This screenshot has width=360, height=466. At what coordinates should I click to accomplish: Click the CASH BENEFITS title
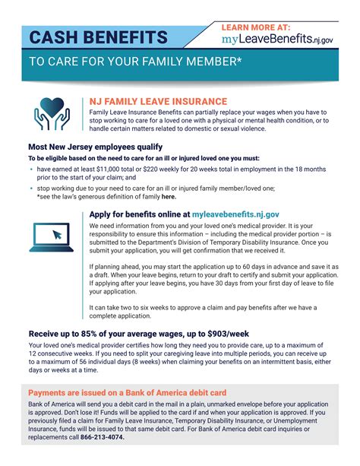99,37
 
